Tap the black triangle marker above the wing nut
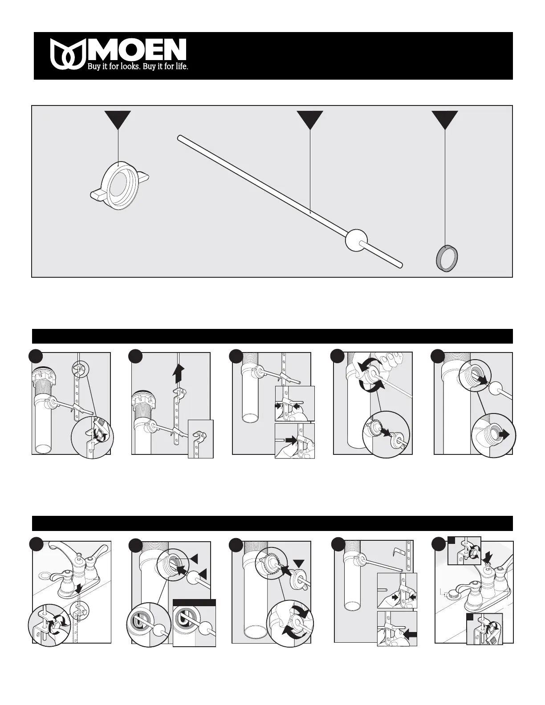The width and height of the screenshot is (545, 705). click(118, 119)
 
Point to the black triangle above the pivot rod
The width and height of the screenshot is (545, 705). click(310, 119)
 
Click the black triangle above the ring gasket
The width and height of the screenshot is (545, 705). click(445, 119)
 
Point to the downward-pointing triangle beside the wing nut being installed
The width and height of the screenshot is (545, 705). click(298, 563)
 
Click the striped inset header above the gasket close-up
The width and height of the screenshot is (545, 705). click(194, 603)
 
